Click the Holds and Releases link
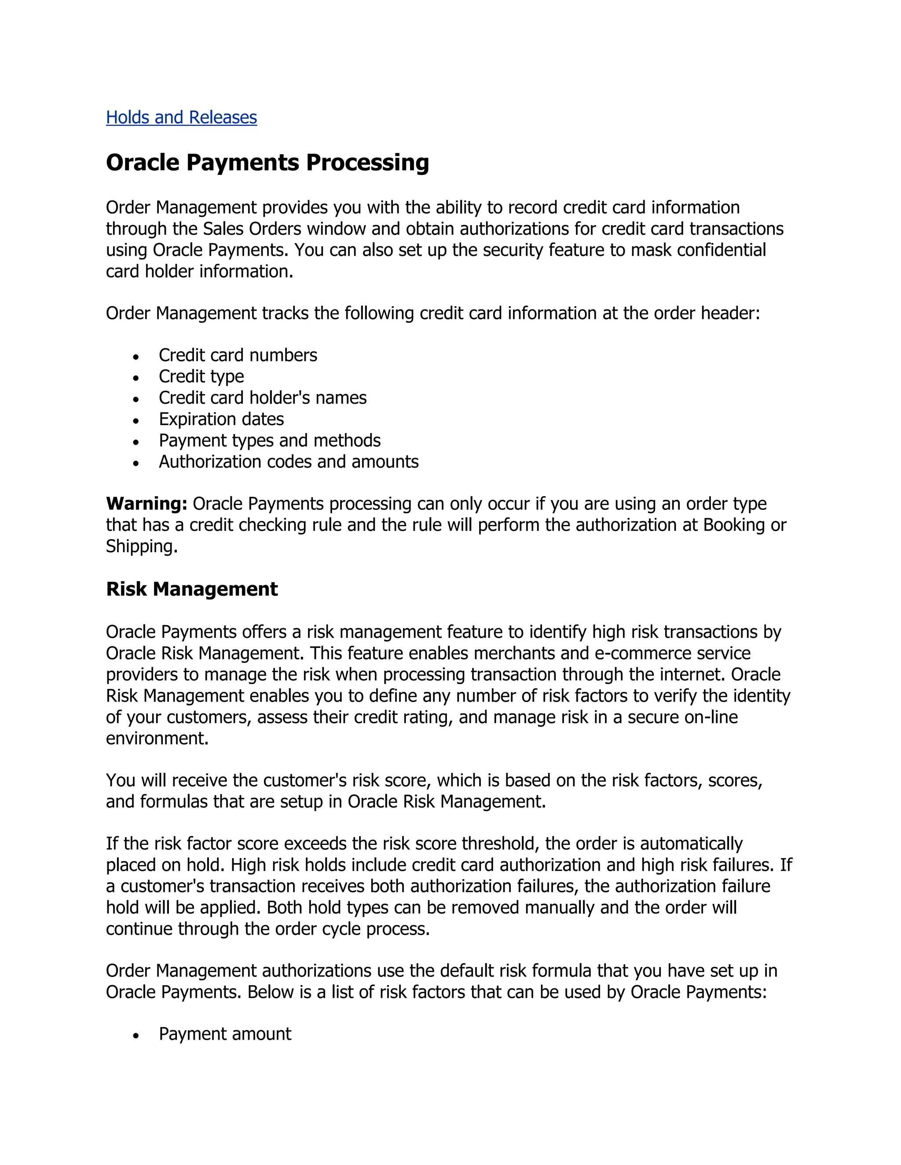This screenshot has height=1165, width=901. pos(182,117)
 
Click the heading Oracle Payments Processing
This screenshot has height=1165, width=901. pos(267,163)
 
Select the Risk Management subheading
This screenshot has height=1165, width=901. pos(192,589)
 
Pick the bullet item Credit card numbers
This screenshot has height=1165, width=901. pos(238,355)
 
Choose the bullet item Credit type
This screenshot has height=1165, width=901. pos(201,377)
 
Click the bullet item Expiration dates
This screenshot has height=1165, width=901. pos(221,419)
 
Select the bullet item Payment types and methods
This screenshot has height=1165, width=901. pos(270,441)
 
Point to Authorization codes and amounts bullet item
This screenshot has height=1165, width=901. pos(288,462)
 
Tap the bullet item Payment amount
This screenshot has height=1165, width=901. pos(225,1034)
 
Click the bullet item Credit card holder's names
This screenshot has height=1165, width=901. pos(263,398)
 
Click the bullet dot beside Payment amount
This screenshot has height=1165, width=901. pos(137,1035)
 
